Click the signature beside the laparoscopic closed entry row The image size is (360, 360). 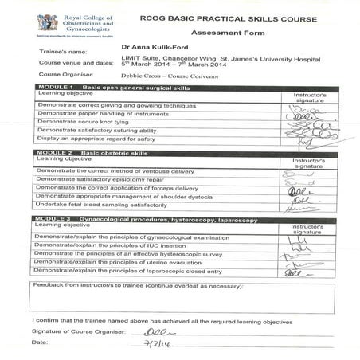[x=299, y=272]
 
